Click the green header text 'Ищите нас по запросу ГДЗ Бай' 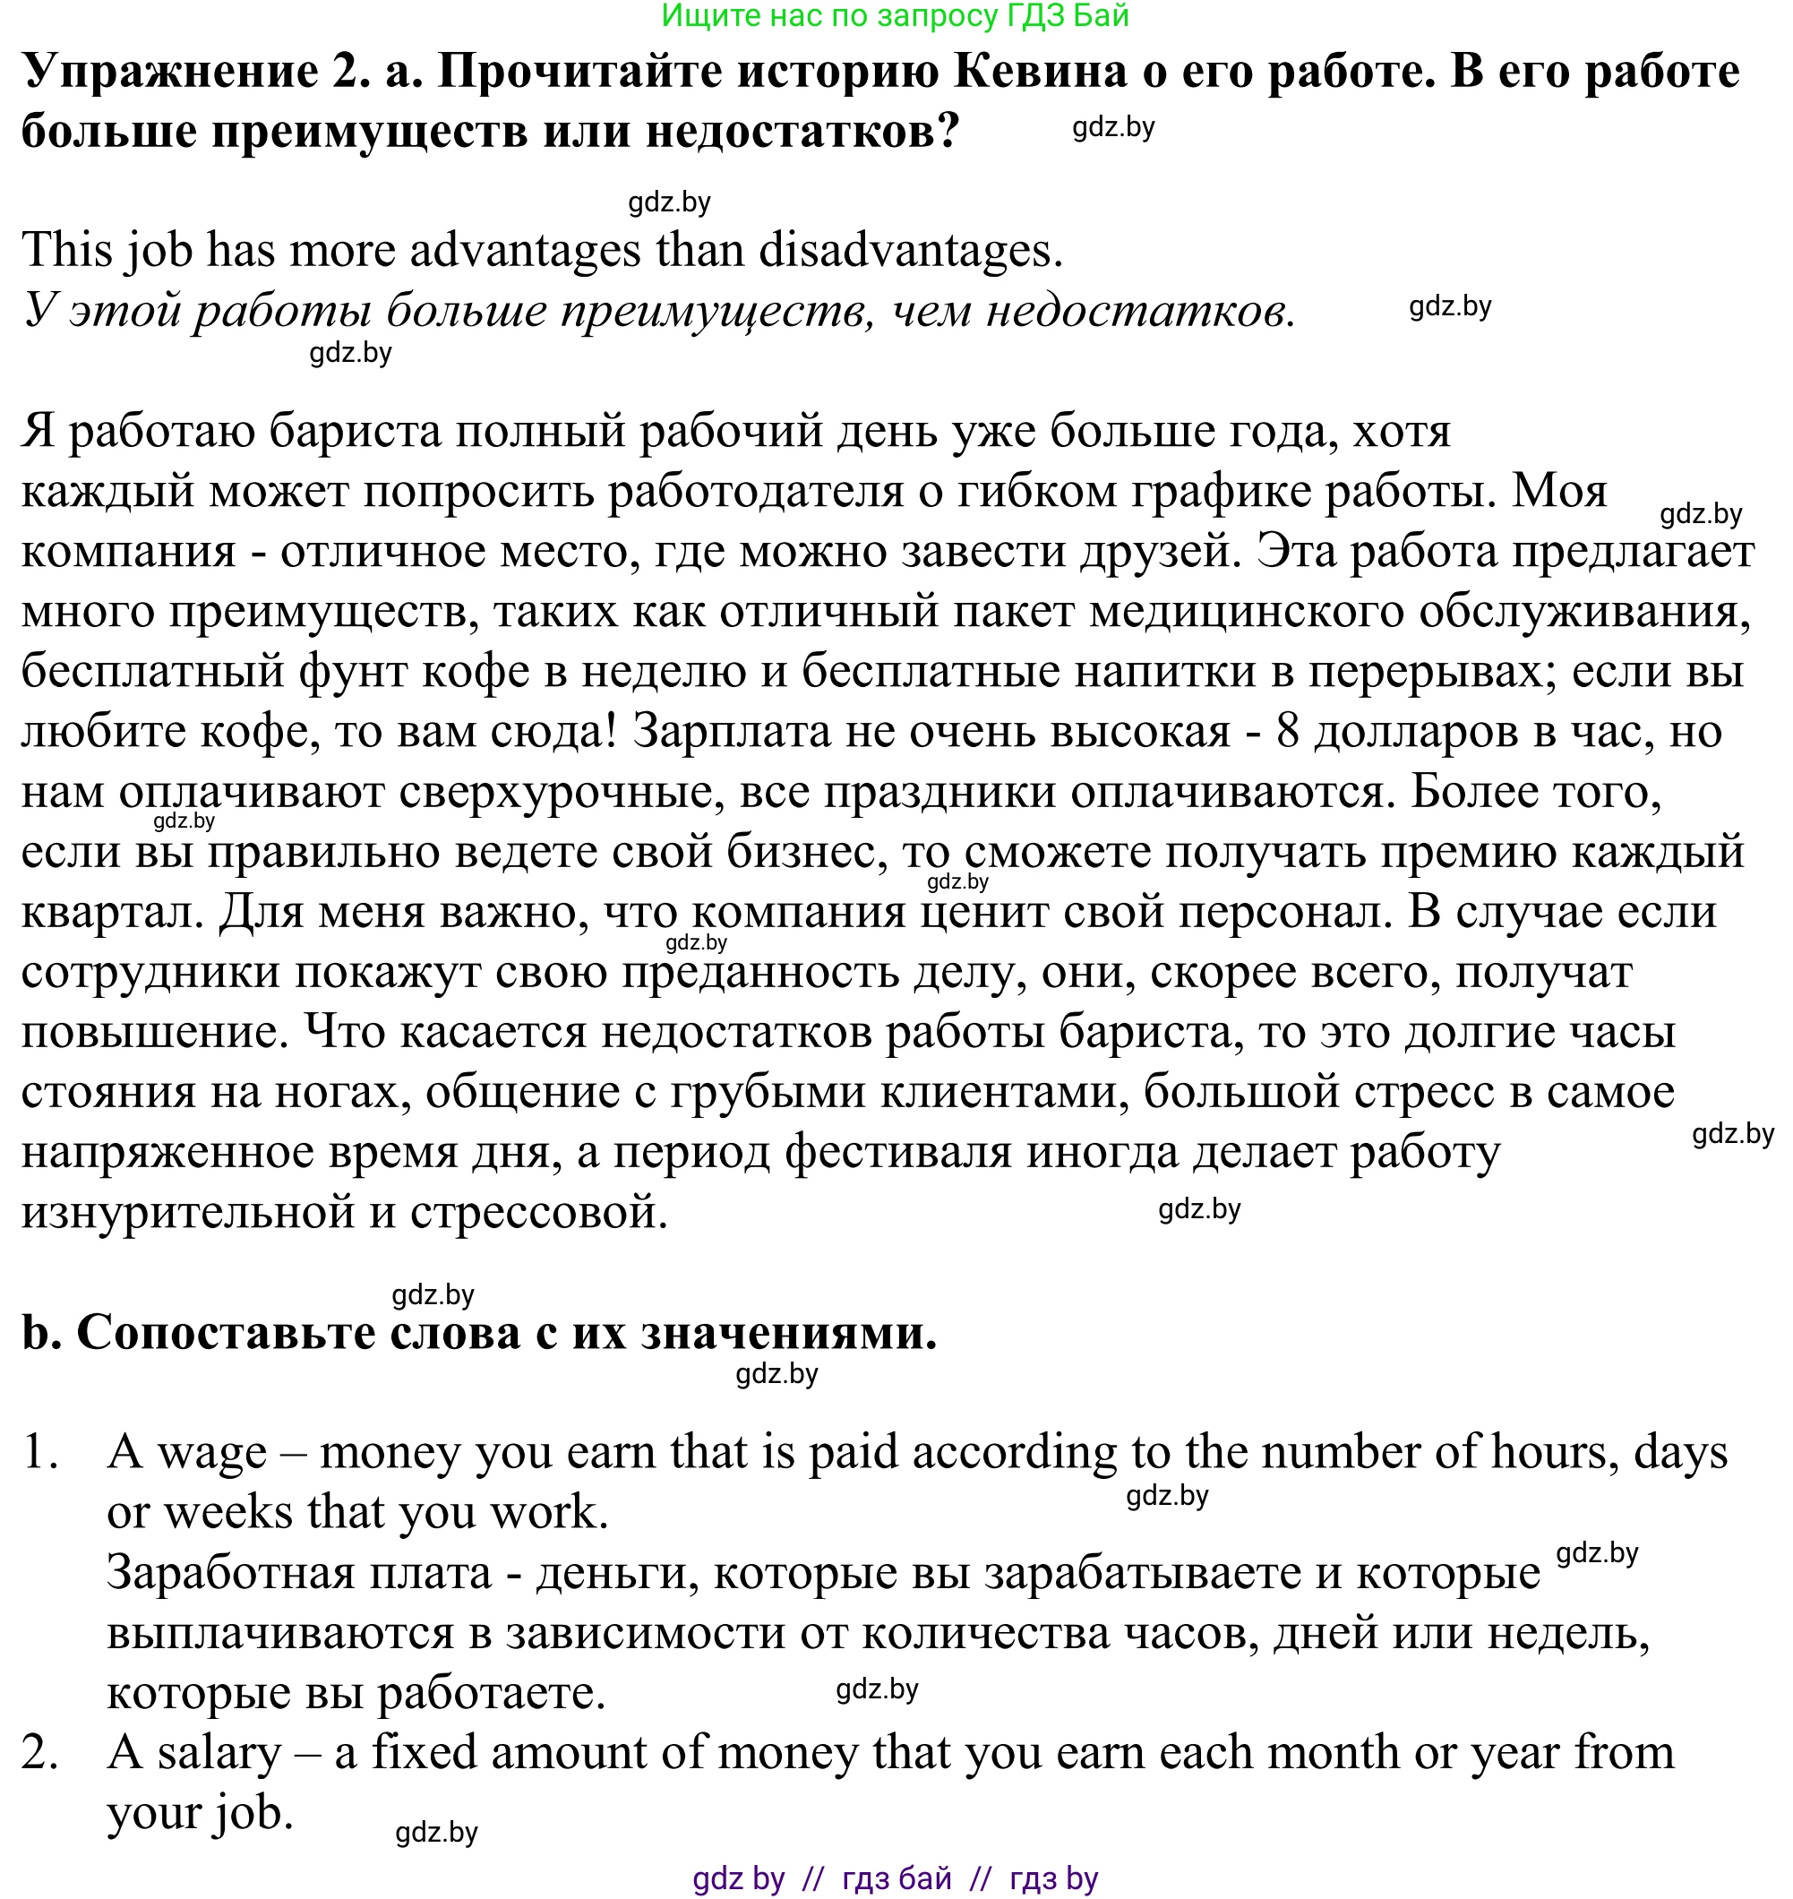point(895,15)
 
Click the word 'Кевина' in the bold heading point(1040,72)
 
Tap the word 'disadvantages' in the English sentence point(910,251)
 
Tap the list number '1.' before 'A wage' point(41,1453)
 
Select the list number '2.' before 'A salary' point(41,1753)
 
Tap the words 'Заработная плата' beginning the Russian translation point(298,1573)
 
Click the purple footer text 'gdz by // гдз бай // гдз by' point(895,1878)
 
